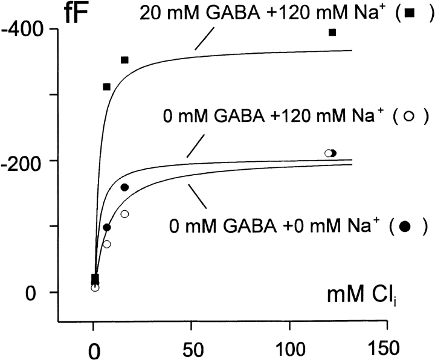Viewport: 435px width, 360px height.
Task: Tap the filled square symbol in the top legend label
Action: [411, 12]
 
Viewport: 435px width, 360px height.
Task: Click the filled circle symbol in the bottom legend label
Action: [405, 227]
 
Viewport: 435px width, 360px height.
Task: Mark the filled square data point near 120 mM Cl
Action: [332, 32]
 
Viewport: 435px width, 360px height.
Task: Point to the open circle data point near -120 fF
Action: [124, 214]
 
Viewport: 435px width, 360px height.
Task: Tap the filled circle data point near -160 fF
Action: [124, 187]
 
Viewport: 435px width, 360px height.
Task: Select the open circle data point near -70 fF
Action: [107, 244]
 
